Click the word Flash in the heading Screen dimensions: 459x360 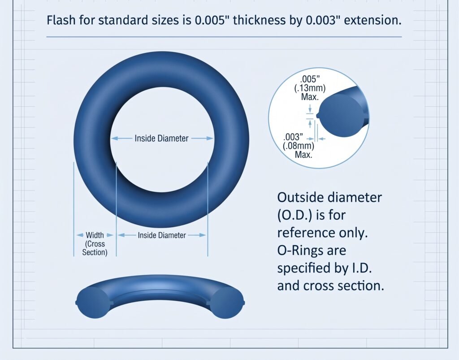61,20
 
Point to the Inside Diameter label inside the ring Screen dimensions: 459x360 161,139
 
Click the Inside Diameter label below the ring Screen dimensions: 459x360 162,235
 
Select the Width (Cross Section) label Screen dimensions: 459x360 95,244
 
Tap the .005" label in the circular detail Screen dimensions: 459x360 310,79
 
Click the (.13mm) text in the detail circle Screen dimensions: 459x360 310,88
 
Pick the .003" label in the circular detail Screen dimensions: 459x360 293,137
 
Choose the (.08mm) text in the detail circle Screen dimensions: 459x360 299,146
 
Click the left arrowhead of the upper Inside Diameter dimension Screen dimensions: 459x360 114,138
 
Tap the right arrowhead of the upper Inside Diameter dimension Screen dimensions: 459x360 210,138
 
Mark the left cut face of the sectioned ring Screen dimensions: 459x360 93,302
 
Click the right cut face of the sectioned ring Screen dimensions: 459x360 227,303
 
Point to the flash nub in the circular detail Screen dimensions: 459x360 318,115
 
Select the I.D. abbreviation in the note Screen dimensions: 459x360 361,268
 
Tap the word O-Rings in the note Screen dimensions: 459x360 312,251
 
